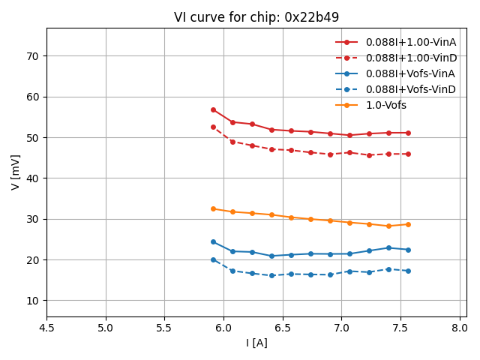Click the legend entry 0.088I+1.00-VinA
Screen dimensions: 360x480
(410, 42)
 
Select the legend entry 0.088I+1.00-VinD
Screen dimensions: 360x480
(410, 58)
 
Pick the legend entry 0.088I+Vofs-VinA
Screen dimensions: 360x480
(410, 73)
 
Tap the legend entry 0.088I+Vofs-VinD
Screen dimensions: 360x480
(410, 89)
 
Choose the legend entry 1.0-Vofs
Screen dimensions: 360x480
(385, 105)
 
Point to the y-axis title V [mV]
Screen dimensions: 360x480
(16, 172)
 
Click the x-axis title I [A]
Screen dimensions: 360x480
(256, 343)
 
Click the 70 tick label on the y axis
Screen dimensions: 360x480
(32, 56)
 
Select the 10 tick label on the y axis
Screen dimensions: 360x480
(32, 301)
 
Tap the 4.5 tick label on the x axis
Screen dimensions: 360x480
(46, 328)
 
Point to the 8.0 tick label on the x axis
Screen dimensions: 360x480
(460, 328)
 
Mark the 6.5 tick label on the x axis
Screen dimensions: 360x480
(283, 328)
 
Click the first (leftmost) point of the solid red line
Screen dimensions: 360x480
(213, 109)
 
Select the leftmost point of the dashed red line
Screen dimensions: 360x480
(213, 127)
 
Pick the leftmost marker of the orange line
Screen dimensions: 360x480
(213, 208)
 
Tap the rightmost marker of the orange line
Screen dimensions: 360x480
(408, 224)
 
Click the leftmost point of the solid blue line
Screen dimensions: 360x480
(213, 241)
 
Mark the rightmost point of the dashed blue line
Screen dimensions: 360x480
(408, 271)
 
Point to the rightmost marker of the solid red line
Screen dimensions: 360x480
(408, 133)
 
